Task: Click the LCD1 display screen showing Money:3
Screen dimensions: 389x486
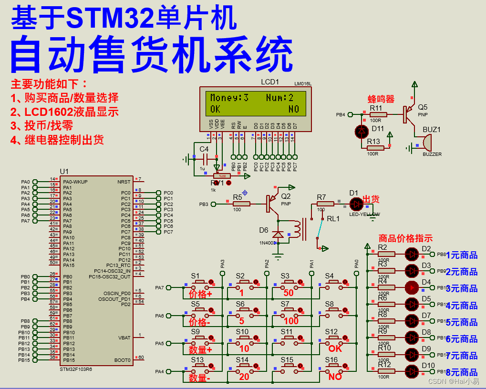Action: tap(255, 103)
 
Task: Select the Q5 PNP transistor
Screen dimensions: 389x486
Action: tap(409, 114)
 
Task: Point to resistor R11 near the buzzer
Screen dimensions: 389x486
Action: tap(379, 114)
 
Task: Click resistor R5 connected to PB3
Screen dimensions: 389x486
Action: tap(241, 204)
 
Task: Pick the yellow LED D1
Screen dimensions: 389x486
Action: tap(356, 204)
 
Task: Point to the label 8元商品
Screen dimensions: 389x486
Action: tap(462, 372)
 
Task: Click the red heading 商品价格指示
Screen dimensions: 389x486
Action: tap(405, 238)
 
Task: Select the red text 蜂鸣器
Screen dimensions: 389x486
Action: tap(381, 99)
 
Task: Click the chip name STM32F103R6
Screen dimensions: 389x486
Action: tap(76, 369)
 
